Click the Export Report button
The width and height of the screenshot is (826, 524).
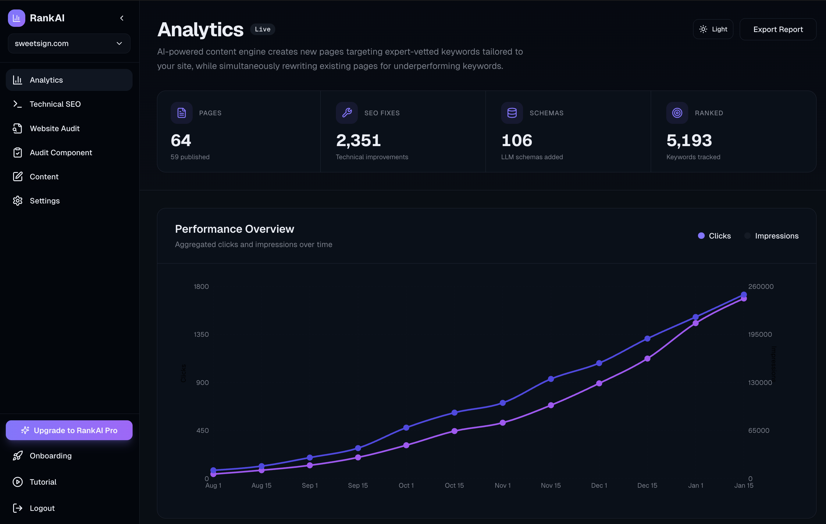point(778,30)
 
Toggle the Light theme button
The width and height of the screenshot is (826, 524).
point(713,30)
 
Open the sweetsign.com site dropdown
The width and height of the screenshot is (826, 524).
point(69,44)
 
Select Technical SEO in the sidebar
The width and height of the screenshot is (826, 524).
point(55,104)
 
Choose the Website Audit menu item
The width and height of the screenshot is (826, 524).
point(55,128)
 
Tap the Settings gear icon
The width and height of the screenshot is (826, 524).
point(17,201)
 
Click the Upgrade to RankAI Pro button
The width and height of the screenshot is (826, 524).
point(69,430)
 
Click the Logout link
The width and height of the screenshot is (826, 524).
point(42,508)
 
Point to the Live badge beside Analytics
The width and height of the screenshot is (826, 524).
point(262,30)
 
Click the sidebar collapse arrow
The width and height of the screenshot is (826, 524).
point(122,18)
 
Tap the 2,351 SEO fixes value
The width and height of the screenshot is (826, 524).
point(358,140)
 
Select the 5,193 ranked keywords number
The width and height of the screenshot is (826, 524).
point(689,140)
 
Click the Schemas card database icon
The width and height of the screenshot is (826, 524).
point(512,113)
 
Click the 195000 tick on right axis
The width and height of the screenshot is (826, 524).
point(760,335)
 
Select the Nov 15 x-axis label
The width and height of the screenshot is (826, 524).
point(550,486)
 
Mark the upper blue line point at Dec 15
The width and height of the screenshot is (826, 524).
point(647,339)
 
